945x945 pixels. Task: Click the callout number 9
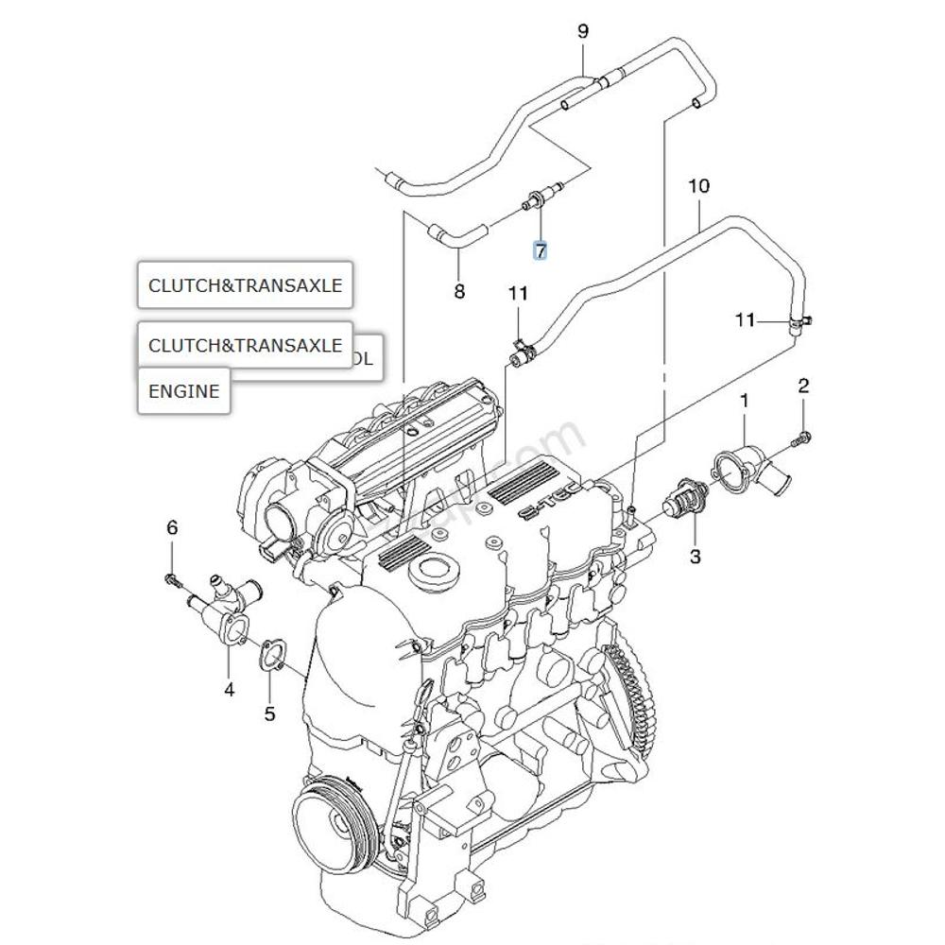583,32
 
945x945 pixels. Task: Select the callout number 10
697,186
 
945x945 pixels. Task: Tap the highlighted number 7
540,250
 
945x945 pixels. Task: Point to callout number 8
459,292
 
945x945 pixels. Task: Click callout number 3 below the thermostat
695,557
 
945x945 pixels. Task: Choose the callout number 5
269,713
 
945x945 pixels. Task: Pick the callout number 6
172,527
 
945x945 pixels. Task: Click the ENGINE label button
184,391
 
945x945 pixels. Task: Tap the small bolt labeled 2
802,438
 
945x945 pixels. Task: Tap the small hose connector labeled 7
539,199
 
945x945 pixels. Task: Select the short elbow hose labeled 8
456,233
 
